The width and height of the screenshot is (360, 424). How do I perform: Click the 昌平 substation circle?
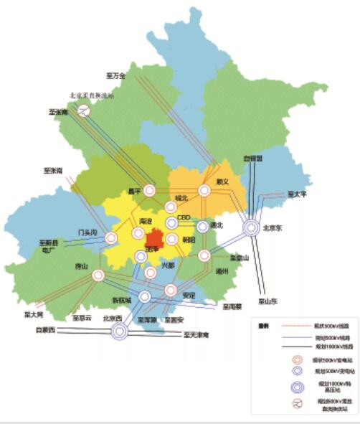coord(150,191)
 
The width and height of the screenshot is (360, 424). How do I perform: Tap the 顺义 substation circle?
coord(204,191)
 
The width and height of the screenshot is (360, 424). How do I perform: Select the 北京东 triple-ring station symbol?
coord(252,228)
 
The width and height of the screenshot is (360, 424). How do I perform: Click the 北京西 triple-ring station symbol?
coord(119,331)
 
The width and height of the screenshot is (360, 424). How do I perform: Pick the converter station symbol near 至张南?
coord(85,110)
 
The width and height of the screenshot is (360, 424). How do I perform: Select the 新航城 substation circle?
coord(144,296)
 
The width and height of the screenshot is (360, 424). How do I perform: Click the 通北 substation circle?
coord(203,227)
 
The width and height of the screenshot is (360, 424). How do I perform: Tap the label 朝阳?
coord(189,240)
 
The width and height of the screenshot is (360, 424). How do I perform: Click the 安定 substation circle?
coord(171,291)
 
